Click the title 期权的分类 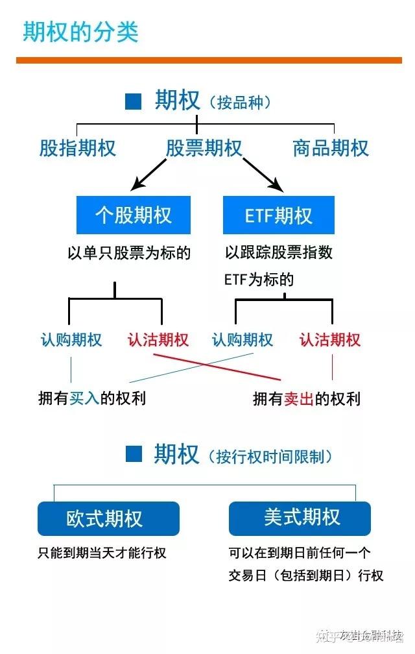click(81, 32)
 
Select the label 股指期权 click(78, 148)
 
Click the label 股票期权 click(204, 148)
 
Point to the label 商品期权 click(331, 148)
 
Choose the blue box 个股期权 click(134, 215)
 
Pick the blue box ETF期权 click(279, 215)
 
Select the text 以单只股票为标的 click(129, 252)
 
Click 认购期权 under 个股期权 click(71, 340)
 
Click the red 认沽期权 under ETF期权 click(330, 340)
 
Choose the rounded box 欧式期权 click(108, 518)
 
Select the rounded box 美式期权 click(300, 518)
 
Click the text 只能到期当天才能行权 click(102, 553)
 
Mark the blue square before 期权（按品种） click(134, 101)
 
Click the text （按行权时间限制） click(270, 456)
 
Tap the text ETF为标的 click(259, 280)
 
